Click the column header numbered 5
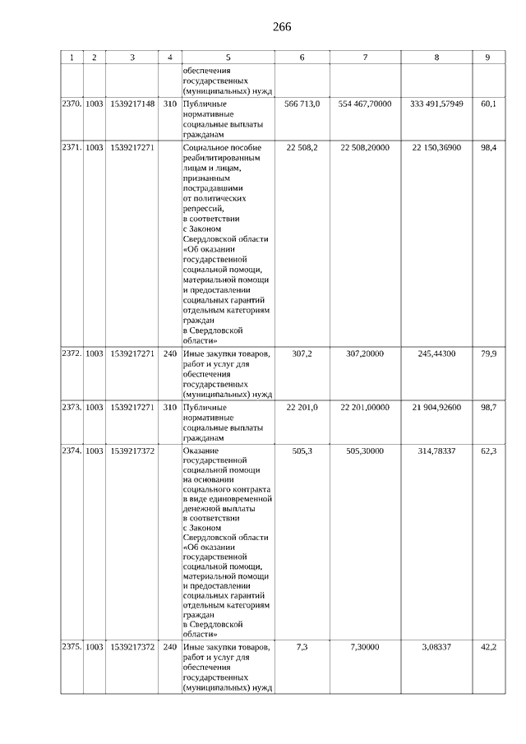point(228,58)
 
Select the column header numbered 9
point(487,58)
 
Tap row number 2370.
point(72,104)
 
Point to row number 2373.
point(72,407)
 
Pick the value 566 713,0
point(302,104)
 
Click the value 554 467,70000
point(365,104)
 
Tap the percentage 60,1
point(488,104)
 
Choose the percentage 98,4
point(488,147)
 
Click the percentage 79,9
point(488,354)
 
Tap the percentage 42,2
point(488,648)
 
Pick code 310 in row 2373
point(170,407)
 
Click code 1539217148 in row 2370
point(131,104)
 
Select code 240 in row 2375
point(170,648)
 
